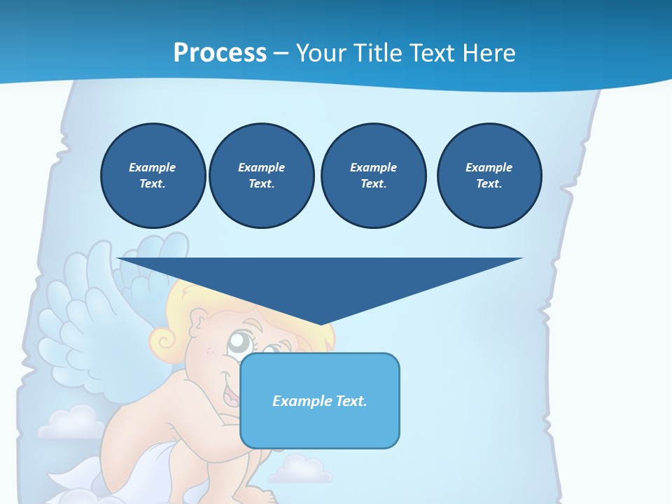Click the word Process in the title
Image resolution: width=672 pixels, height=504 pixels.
point(220,53)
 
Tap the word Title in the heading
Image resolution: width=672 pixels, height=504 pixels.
point(382,53)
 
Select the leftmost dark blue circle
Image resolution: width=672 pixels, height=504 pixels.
point(153,176)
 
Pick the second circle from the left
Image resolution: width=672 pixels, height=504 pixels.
point(261,176)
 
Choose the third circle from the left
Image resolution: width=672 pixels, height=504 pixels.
point(373,176)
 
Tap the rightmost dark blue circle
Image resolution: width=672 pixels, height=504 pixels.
point(489,176)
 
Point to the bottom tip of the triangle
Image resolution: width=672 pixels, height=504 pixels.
point(321,323)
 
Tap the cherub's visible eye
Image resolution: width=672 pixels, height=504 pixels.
point(240,343)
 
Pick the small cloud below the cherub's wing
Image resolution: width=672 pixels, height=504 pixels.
point(70,422)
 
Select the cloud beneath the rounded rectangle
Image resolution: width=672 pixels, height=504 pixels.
point(301,470)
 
